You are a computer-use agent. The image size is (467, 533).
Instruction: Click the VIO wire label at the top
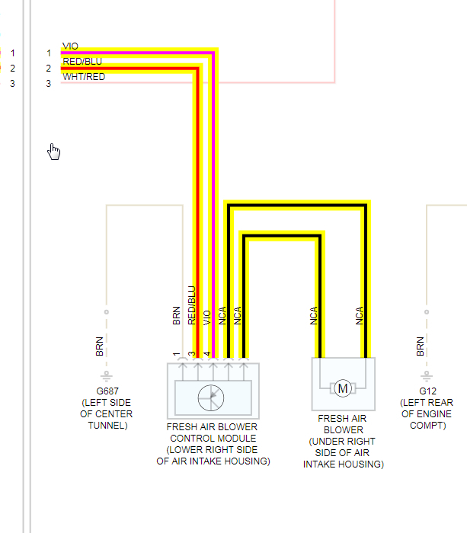70,46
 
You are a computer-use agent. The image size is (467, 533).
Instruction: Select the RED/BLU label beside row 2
82,62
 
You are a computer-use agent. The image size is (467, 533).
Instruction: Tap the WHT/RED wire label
84,77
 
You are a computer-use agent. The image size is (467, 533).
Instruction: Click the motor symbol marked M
343,388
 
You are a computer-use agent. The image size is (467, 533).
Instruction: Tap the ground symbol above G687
107,376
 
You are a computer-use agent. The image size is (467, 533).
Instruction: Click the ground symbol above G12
421,376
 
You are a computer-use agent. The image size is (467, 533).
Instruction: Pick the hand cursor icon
54,152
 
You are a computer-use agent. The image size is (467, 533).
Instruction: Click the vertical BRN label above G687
100,346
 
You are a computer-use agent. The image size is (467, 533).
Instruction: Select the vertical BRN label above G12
421,346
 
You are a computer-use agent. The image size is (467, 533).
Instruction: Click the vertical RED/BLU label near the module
192,305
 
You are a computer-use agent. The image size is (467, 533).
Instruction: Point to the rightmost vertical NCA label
360,316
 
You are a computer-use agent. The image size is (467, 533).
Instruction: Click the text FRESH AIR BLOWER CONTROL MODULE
213,432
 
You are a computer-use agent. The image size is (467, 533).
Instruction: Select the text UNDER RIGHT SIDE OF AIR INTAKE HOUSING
343,453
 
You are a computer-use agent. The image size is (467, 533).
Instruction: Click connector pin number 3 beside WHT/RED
48,83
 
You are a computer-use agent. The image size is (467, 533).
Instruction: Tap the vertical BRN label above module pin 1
177,316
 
